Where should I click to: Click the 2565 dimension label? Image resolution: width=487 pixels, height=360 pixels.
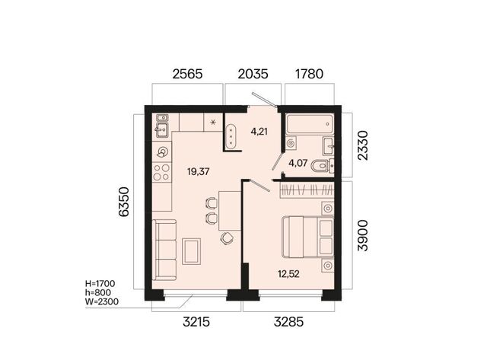[x=187, y=74]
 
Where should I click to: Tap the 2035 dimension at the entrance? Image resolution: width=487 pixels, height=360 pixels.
[x=253, y=74]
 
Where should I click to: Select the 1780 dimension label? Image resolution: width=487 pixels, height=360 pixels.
[x=310, y=74]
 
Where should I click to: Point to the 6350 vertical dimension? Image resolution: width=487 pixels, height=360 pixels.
[x=123, y=202]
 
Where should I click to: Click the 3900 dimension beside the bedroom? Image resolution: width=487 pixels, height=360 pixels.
[x=362, y=235]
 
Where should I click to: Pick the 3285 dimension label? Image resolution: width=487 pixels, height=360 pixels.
[x=288, y=322]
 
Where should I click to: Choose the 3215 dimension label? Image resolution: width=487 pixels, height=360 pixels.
[x=196, y=322]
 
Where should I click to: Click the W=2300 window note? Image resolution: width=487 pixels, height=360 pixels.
[x=101, y=301]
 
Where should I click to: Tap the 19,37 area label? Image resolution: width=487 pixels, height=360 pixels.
[x=198, y=171]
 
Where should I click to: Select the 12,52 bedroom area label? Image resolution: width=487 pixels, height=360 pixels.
[x=288, y=274]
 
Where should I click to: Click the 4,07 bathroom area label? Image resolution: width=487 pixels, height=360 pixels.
[x=298, y=163]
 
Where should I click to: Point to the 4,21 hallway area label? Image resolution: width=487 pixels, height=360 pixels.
[x=259, y=132]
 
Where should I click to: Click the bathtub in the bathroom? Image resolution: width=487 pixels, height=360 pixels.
[x=310, y=124]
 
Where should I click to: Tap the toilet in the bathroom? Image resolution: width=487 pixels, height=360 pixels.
[x=323, y=166]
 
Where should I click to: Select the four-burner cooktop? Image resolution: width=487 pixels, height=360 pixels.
[x=161, y=173]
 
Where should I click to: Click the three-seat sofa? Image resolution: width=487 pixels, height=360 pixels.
[x=164, y=250]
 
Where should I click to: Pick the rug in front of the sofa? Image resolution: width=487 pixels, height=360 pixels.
[x=191, y=251]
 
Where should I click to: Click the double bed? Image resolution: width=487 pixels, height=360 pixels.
[x=308, y=237]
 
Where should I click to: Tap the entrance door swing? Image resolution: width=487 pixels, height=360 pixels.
[x=264, y=99]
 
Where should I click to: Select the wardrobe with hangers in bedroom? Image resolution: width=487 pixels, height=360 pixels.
[x=307, y=190]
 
